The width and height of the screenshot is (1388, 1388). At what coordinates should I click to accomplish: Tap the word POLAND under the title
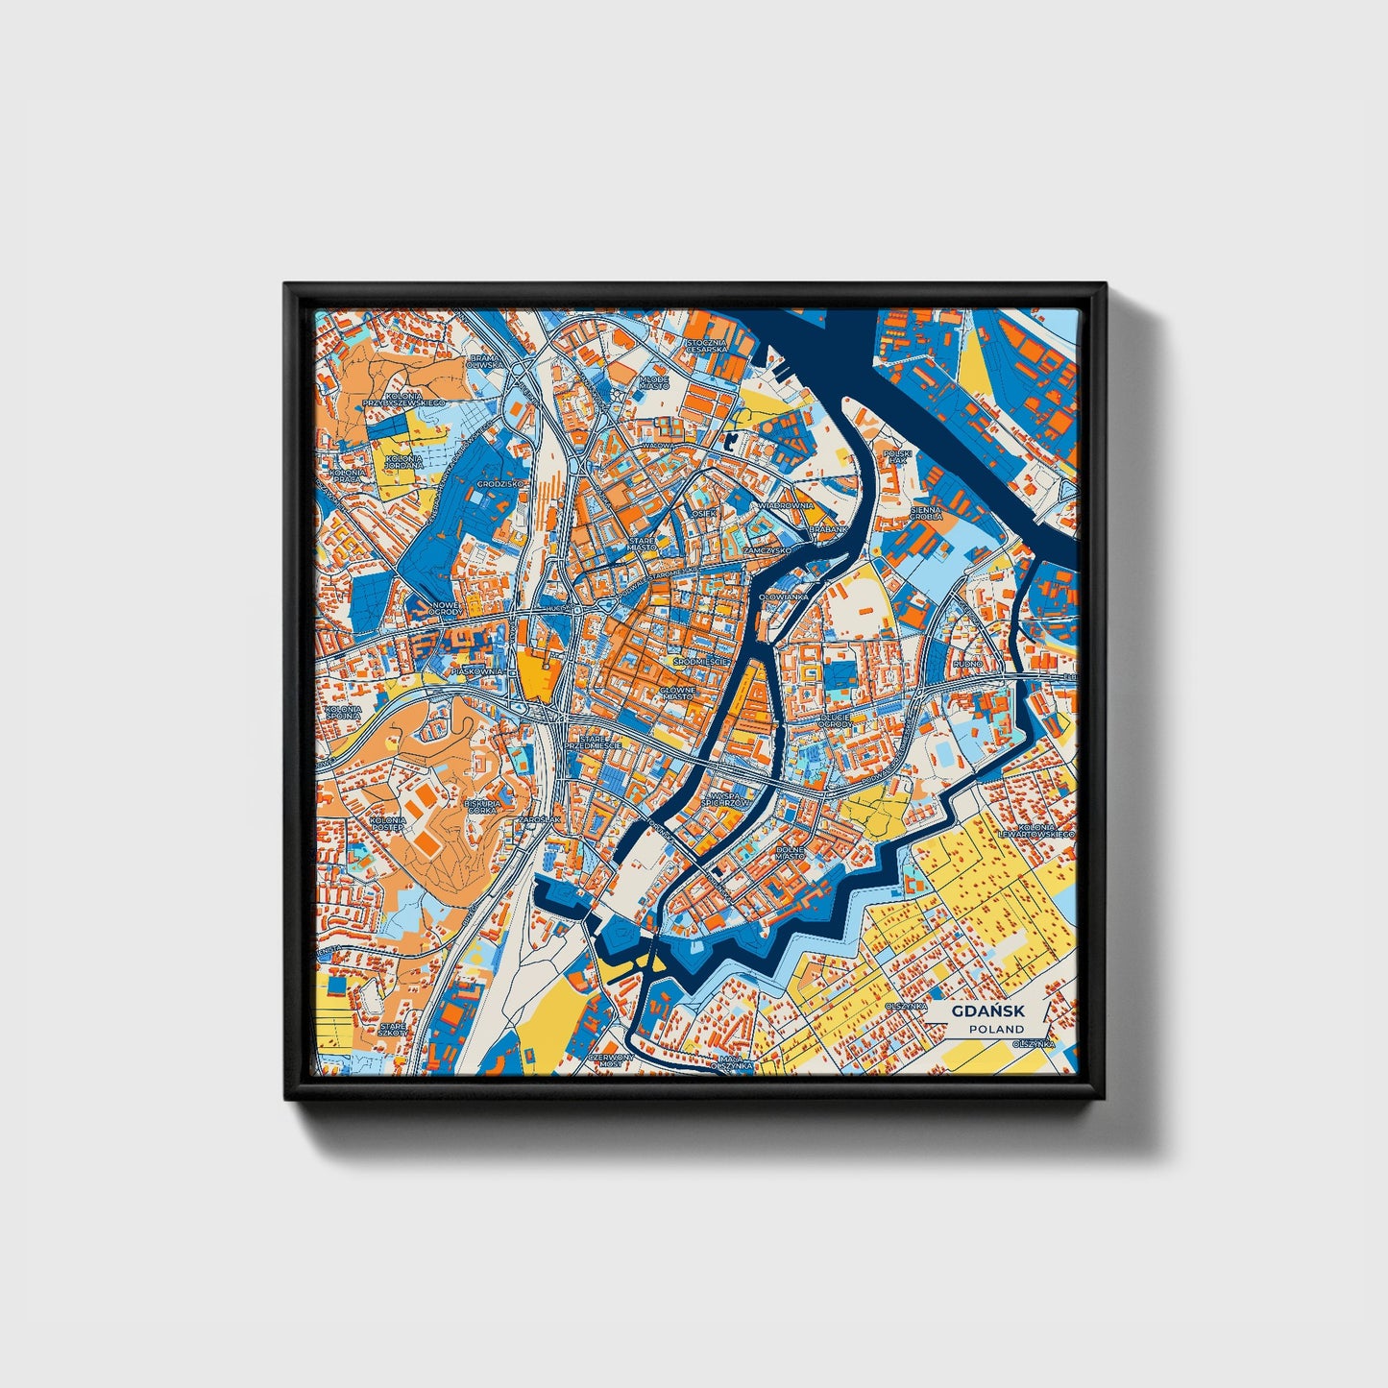point(996,1029)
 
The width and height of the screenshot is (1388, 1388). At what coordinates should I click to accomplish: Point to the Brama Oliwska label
point(483,361)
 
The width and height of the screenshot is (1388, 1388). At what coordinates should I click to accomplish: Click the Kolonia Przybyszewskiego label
point(400,398)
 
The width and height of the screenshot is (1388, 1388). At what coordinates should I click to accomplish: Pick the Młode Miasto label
point(653,382)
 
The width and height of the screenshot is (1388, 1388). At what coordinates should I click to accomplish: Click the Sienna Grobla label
point(927,511)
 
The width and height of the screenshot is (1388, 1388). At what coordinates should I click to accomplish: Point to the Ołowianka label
point(784,597)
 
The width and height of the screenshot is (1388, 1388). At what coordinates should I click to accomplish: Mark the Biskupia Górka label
point(482,806)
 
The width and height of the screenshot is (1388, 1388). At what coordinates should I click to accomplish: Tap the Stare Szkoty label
point(393,1029)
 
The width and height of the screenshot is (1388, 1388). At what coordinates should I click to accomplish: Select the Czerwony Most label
point(611,1060)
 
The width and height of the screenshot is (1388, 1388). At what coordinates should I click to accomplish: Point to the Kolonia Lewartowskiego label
point(1037,830)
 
